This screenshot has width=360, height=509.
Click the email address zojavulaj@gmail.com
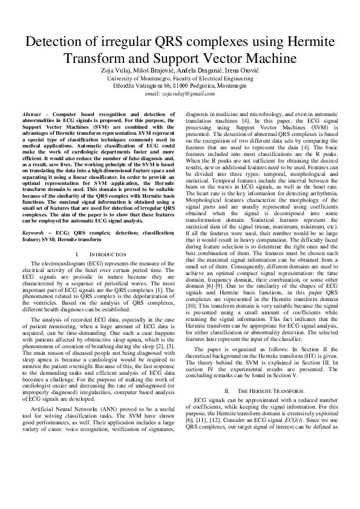coord(180,94)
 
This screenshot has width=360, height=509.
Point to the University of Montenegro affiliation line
coord(180,78)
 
